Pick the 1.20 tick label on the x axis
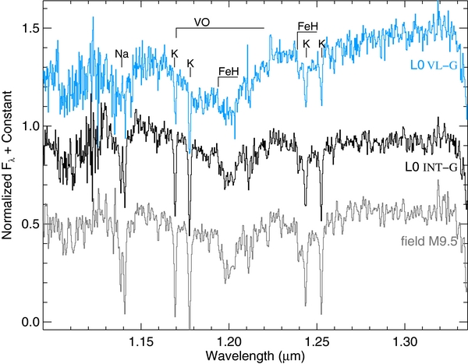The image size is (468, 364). pyautogui.click(x=229, y=341)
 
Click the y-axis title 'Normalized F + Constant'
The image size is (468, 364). pyautogui.click(x=7, y=165)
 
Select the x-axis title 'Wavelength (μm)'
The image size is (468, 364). pyautogui.click(x=255, y=356)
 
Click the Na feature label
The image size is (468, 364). pyautogui.click(x=122, y=54)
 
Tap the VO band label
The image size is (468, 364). pyautogui.click(x=202, y=22)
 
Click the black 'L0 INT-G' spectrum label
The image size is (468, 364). pyautogui.click(x=431, y=167)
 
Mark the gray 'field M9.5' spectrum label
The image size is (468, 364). pyautogui.click(x=429, y=242)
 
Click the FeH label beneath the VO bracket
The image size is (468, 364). pyautogui.click(x=229, y=72)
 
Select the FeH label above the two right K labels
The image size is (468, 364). pyautogui.click(x=308, y=27)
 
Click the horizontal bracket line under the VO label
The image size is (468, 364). pyautogui.click(x=220, y=28)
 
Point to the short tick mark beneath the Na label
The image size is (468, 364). pyautogui.click(x=122, y=62)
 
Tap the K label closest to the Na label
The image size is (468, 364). pyautogui.click(x=174, y=54)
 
